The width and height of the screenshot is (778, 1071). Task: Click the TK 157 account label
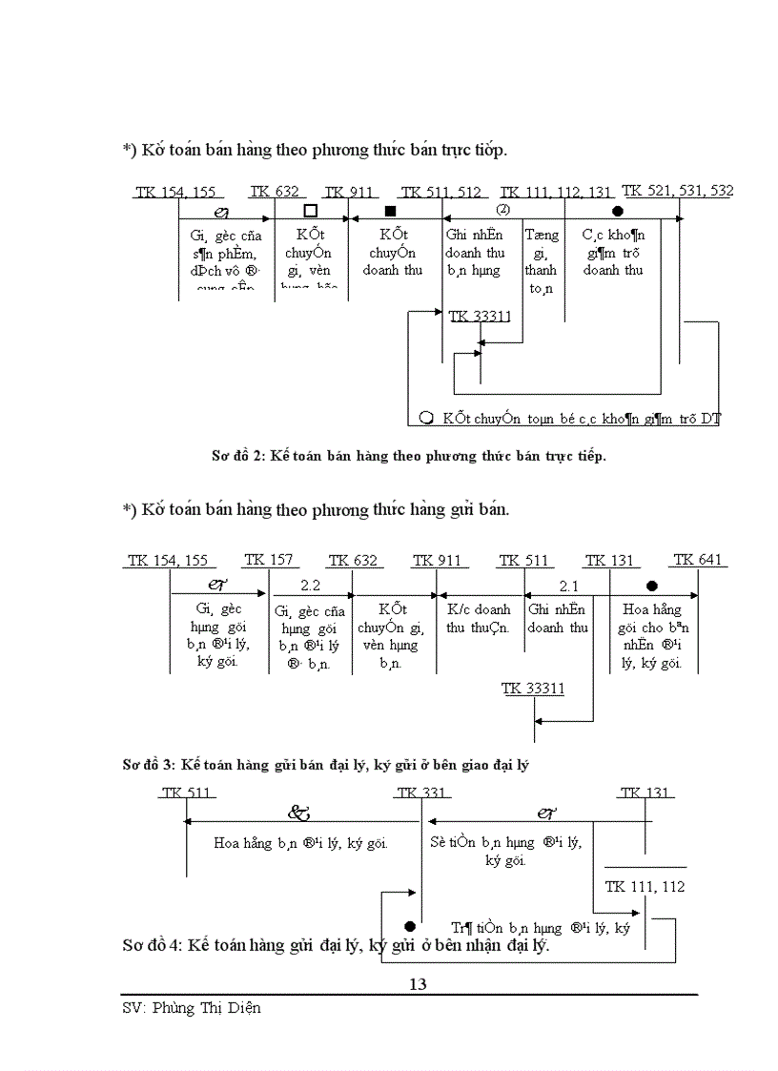[x=269, y=560]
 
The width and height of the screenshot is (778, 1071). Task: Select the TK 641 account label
[x=698, y=560]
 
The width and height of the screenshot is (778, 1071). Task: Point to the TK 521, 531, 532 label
[x=677, y=191]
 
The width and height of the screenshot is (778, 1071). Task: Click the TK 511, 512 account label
[x=440, y=193]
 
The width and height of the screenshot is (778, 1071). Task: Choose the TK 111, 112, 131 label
[x=556, y=193]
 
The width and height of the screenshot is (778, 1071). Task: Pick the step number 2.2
[x=311, y=585]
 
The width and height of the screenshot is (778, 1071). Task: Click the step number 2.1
[x=569, y=586]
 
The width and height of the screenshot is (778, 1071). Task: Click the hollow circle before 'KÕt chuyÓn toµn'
[x=426, y=417]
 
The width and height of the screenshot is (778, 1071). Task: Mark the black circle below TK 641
[x=651, y=586]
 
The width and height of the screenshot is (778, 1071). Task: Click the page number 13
[x=418, y=984]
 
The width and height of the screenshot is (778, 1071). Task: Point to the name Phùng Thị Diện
[x=205, y=1008]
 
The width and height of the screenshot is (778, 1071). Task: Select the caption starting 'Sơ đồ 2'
[x=408, y=455]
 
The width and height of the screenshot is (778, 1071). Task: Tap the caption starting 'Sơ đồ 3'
[x=325, y=765]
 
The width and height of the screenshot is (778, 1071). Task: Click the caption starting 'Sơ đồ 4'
[x=336, y=946]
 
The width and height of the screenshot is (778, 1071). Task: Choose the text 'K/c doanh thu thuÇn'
[x=479, y=618]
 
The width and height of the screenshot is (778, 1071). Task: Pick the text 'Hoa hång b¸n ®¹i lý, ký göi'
[x=300, y=843]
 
